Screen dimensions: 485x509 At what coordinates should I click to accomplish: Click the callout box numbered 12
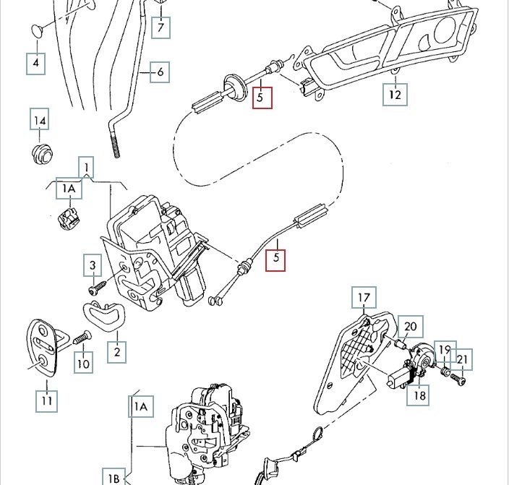[395, 95]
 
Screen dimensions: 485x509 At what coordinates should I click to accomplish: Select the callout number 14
[40, 119]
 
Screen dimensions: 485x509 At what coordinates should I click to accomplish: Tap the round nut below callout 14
[41, 153]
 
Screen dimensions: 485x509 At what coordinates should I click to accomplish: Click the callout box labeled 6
[160, 72]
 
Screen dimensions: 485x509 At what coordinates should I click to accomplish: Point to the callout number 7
[161, 29]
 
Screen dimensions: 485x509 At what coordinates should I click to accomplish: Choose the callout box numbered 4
[36, 64]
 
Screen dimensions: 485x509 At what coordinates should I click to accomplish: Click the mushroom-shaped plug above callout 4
[36, 30]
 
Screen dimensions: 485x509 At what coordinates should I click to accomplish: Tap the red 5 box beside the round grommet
[262, 96]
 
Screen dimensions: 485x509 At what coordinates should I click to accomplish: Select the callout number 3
[93, 265]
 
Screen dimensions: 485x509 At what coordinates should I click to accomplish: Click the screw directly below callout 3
[94, 289]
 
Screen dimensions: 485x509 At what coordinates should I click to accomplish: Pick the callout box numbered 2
[116, 352]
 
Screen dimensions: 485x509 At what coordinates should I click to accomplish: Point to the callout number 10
[83, 362]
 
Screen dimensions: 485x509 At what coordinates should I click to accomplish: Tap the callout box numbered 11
[47, 400]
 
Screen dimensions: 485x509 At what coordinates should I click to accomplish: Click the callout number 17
[364, 297]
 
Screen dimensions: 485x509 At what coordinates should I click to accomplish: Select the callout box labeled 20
[410, 326]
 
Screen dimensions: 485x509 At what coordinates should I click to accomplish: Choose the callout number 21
[463, 359]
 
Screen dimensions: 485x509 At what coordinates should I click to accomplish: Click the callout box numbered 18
[417, 395]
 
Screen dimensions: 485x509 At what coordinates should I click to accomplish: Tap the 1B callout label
[114, 478]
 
